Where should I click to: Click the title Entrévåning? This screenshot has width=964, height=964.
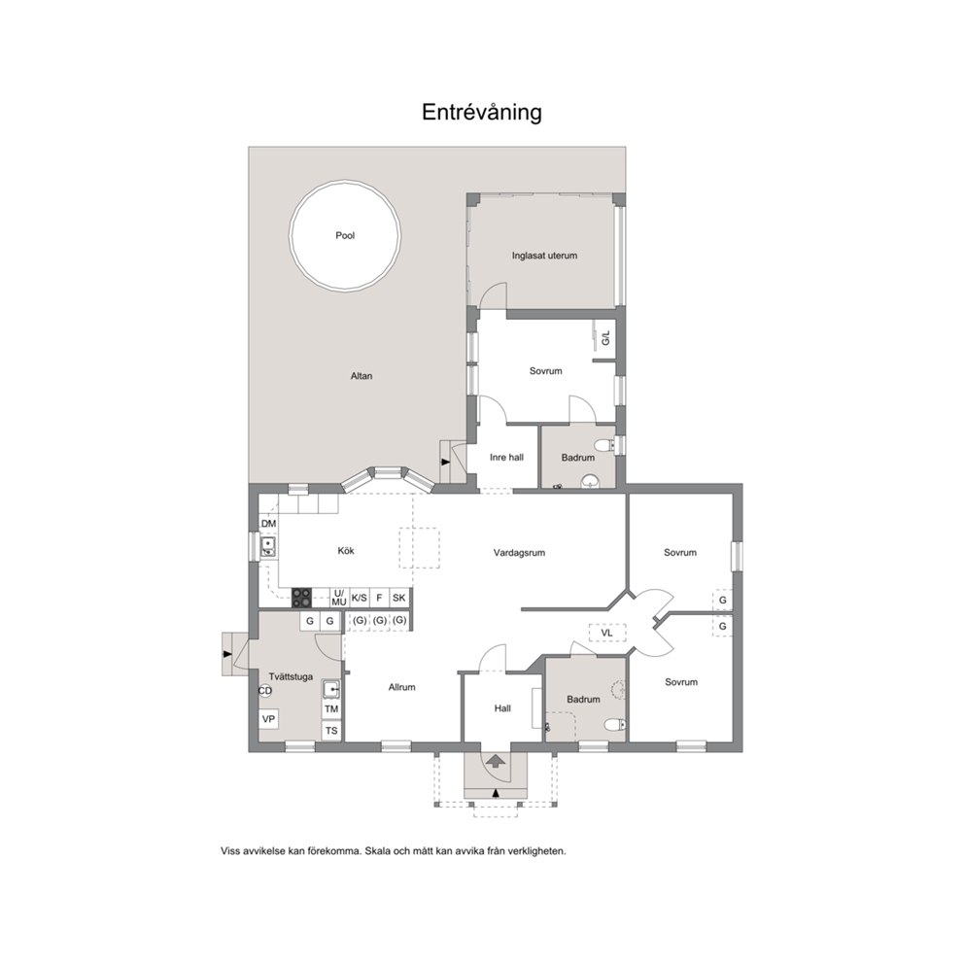tap(481, 112)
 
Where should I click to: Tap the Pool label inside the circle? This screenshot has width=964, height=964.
tap(345, 235)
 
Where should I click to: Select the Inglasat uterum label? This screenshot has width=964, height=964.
tap(545, 256)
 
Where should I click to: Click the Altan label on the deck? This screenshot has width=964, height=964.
tap(361, 376)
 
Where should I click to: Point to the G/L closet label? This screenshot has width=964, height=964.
tap(606, 337)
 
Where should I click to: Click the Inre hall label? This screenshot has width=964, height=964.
tap(506, 458)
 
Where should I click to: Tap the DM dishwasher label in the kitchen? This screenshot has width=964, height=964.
tap(268, 524)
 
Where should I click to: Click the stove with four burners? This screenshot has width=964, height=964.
tap(301, 598)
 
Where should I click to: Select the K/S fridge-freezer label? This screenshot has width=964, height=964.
tap(359, 598)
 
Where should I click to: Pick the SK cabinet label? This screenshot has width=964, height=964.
tap(399, 598)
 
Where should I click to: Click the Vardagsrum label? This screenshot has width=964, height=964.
tap(520, 553)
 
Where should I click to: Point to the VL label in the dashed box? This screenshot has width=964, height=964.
tap(606, 633)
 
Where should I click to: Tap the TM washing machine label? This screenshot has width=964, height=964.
tap(331, 708)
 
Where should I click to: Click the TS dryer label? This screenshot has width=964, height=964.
tap(331, 731)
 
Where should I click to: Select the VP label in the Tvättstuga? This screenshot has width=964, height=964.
tap(268, 719)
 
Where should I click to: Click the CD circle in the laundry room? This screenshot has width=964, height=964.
tap(265, 691)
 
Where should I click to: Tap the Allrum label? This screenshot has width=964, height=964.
tap(402, 687)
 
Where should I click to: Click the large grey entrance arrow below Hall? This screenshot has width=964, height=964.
tap(497, 761)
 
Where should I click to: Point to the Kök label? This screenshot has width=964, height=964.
tap(346, 551)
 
